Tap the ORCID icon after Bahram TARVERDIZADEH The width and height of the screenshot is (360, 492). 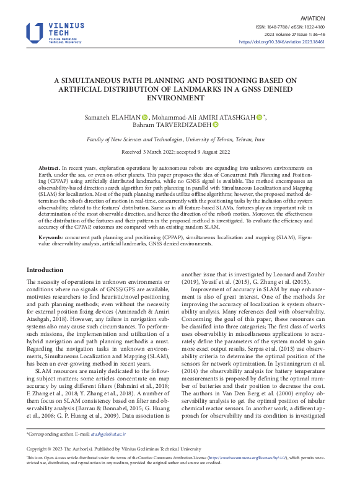215,125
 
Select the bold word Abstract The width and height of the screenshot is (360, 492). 50,168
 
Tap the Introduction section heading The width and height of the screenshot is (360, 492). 45,270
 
